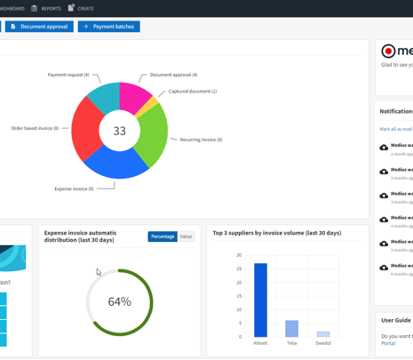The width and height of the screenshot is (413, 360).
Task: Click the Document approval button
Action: click(39, 27)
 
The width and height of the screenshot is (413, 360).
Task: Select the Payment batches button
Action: click(109, 27)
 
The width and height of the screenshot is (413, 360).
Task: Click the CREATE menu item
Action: click(84, 8)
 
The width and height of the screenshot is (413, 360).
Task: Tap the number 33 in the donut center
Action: click(119, 131)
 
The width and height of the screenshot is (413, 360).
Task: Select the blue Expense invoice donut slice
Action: click(115, 162)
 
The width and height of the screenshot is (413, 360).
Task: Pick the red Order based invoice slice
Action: click(86, 129)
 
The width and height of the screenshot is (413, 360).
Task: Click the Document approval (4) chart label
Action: click(173, 75)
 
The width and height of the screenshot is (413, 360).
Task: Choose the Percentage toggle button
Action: click(163, 236)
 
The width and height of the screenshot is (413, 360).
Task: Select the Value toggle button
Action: click(186, 236)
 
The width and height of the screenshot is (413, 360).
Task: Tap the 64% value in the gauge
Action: click(119, 301)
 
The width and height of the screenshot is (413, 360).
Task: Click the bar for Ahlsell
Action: click(260, 300)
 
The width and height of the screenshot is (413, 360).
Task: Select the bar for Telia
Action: click(291, 328)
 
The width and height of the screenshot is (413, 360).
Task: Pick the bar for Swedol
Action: click(322, 333)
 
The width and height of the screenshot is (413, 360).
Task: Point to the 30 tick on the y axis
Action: click(238, 255)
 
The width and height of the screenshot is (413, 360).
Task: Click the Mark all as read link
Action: click(395, 129)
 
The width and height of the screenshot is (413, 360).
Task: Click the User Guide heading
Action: click(396, 320)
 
